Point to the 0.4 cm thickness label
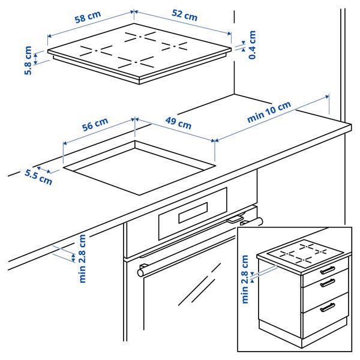[x=253, y=44]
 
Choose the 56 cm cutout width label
[x=95, y=125]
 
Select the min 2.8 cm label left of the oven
[x=83, y=258]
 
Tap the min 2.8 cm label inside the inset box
[x=245, y=279]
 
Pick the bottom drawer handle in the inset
[x=328, y=307]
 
